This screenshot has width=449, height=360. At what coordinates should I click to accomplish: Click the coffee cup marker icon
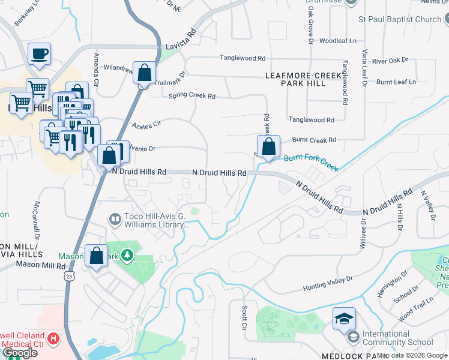click(x=39, y=54)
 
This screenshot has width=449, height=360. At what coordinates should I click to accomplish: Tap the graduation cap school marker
click(x=344, y=319)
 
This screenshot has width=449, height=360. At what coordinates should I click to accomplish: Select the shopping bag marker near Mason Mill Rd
click(x=97, y=256)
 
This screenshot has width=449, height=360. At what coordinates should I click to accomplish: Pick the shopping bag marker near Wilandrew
click(x=144, y=73)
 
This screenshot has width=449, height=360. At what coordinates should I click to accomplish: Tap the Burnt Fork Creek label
click(x=311, y=161)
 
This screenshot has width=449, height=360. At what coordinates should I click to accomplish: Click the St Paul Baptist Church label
click(x=400, y=19)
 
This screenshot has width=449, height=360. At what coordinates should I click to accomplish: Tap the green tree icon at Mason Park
click(x=127, y=256)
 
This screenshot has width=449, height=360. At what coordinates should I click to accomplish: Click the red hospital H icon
click(x=54, y=339)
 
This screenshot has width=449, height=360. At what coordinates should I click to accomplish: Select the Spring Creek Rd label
click(x=191, y=95)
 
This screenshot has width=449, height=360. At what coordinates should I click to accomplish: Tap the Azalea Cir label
click(x=147, y=125)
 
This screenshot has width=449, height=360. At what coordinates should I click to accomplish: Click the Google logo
click(x=20, y=352)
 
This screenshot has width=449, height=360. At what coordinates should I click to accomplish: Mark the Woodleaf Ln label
click(x=338, y=41)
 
